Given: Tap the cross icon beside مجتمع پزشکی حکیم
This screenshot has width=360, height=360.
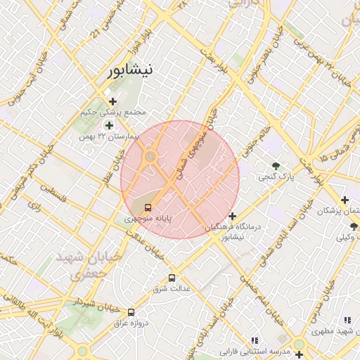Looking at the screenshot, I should [112, 101].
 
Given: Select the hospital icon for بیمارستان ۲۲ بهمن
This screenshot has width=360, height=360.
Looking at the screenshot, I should [108, 125].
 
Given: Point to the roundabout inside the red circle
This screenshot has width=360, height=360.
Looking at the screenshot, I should [150, 156].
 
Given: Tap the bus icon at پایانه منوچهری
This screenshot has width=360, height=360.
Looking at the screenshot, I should [148, 207].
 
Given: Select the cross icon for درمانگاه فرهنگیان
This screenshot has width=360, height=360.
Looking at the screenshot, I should [233, 215].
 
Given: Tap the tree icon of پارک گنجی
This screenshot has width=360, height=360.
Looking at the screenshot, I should [276, 167].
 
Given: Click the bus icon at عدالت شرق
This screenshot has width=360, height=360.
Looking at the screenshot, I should [172, 278].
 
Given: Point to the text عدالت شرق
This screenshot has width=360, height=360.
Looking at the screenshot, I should [168, 289].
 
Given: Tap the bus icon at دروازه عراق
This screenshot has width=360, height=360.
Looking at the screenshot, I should [131, 311].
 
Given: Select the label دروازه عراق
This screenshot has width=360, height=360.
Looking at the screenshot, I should [127, 323].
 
